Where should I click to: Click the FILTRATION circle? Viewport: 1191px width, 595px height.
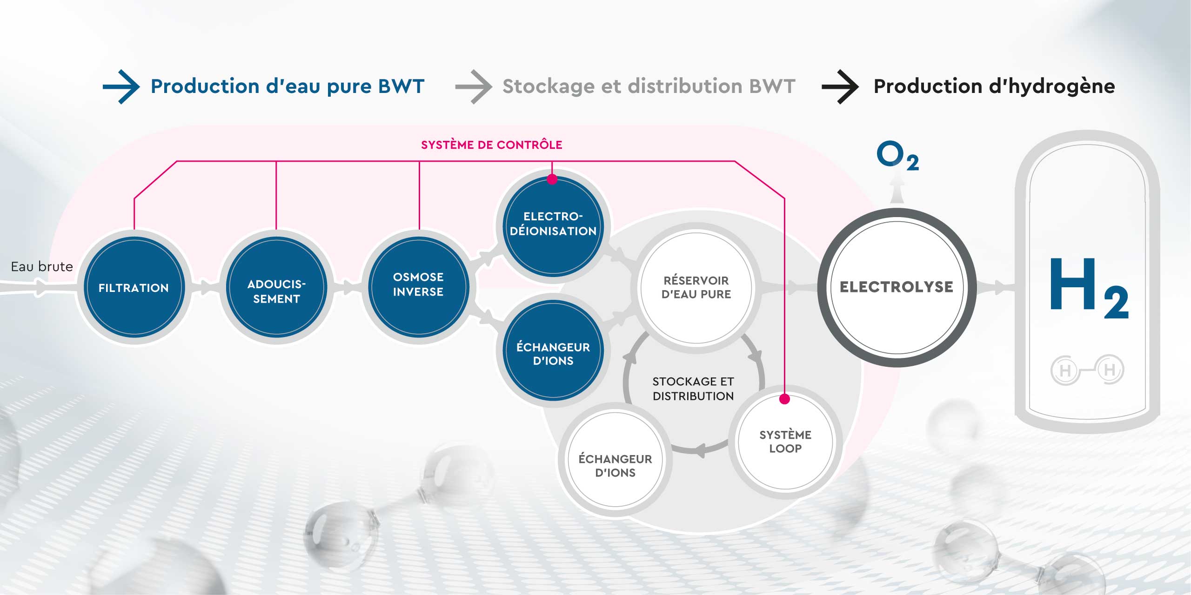134,287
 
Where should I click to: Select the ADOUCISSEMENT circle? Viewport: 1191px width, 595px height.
276,287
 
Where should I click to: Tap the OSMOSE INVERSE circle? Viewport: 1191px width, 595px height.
418,285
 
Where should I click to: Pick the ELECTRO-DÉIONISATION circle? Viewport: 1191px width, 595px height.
553,225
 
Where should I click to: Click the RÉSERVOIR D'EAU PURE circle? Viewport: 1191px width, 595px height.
696,288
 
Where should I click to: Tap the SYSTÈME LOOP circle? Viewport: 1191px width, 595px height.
785,442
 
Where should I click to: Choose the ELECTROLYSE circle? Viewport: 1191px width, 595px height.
896,287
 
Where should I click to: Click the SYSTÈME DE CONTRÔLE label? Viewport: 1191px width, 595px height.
491,145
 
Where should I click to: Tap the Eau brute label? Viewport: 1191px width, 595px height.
42,267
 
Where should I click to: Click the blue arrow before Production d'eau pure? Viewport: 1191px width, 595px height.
121,87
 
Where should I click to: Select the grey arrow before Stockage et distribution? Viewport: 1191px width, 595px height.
474,87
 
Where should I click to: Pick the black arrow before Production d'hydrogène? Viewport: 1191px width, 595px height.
840,87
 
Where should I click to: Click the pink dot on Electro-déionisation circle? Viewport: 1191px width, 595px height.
552,179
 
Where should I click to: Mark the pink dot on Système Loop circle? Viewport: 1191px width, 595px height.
784,399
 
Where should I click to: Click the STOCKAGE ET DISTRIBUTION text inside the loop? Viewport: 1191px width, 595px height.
693,389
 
